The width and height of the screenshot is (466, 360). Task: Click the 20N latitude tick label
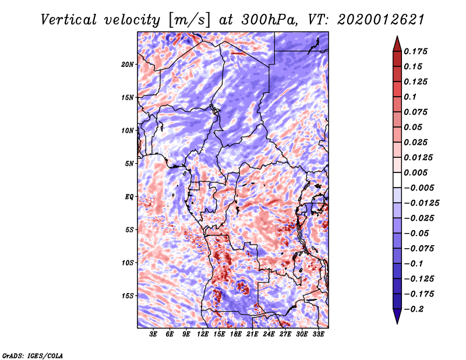click(x=128, y=64)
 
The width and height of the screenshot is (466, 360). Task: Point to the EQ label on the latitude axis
click(x=129, y=197)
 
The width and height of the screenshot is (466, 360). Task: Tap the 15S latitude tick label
click(x=128, y=296)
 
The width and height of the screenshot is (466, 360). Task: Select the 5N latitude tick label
click(x=129, y=164)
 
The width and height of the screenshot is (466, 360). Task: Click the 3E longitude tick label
click(x=153, y=335)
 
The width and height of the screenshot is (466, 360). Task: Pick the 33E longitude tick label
click(x=318, y=335)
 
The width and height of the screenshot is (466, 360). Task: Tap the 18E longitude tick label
click(x=236, y=335)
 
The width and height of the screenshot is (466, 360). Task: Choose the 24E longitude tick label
click(x=269, y=335)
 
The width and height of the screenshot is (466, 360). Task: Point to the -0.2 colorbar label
click(x=416, y=309)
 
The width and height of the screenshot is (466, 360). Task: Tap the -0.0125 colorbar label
click(x=423, y=203)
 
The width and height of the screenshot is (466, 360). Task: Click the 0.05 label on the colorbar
click(x=414, y=127)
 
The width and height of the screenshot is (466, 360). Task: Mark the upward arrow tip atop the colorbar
click(x=396, y=37)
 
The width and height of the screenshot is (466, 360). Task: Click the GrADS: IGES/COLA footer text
click(x=33, y=355)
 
